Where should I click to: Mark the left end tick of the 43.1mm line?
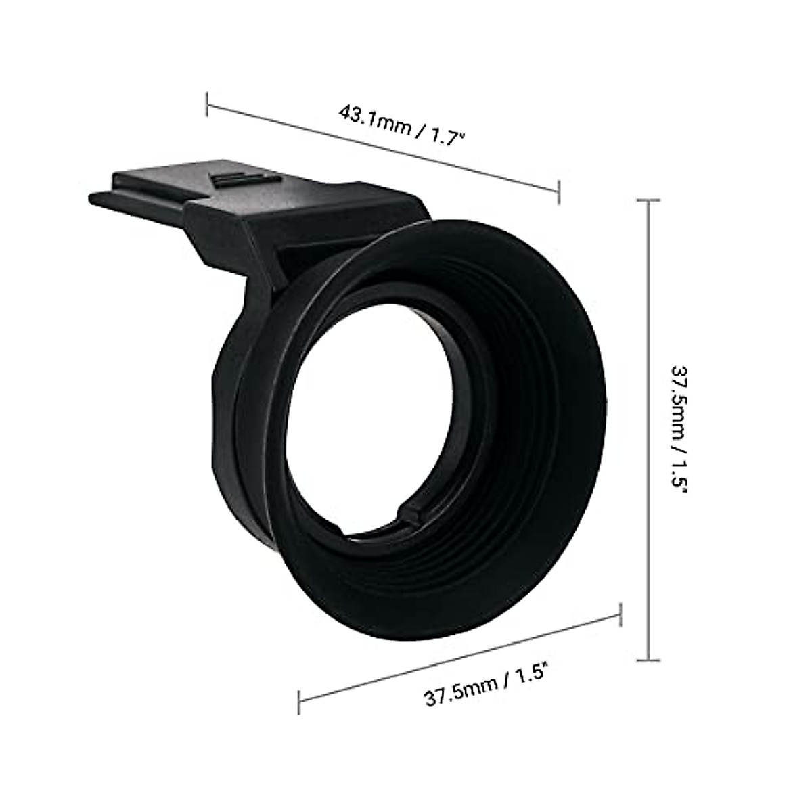208,106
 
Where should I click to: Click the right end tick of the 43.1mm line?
558,191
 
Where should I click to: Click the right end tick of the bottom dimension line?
621,614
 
